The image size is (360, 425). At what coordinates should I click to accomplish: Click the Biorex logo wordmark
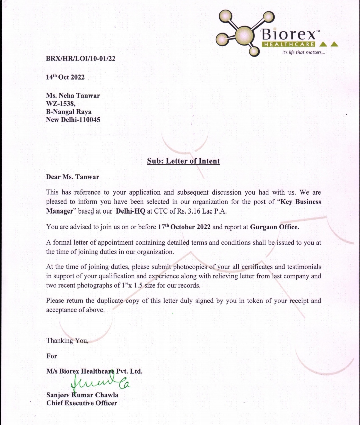289,34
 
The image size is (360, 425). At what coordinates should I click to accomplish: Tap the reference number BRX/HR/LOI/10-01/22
81,59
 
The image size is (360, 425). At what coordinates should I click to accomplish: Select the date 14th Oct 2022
65,77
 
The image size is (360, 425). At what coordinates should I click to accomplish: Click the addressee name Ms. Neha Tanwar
73,96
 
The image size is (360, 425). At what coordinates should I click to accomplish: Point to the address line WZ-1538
61,104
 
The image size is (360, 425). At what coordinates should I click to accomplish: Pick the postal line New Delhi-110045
73,120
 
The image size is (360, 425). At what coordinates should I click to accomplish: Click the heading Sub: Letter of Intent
183,161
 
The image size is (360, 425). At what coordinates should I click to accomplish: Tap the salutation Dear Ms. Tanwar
73,177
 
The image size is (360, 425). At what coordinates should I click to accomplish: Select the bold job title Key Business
301,202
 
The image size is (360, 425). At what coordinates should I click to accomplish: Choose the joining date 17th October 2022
184,227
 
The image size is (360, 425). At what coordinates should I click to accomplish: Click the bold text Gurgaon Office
274,227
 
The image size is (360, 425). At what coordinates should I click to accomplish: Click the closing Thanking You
67,341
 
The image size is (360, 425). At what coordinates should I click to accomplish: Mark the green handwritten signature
100,383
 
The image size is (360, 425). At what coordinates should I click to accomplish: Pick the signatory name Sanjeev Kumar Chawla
82,395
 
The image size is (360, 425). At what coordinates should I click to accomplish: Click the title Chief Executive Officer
82,403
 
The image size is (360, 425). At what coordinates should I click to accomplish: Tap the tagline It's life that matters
303,53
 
